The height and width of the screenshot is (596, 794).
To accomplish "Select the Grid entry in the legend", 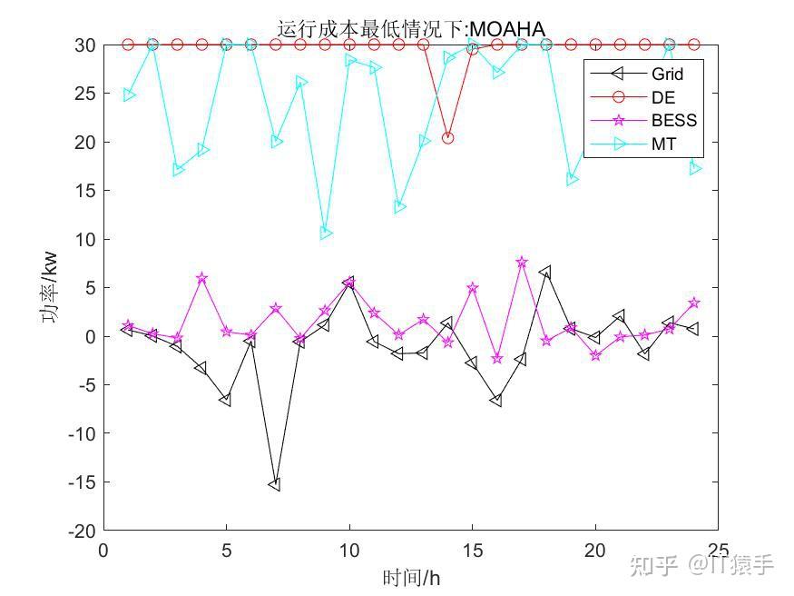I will click(x=666, y=74).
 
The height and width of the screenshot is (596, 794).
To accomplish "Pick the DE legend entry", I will click(x=663, y=97).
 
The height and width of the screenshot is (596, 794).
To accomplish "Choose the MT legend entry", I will click(x=663, y=144).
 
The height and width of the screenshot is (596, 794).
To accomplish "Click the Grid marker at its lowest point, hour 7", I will click(x=275, y=485).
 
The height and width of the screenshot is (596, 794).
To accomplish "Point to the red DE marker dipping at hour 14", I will click(x=447, y=138).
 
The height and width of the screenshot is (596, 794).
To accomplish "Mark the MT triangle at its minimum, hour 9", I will click(x=326, y=233).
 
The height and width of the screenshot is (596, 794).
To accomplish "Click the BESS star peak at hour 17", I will click(x=522, y=262).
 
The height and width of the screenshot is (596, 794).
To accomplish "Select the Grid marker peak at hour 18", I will click(x=545, y=272).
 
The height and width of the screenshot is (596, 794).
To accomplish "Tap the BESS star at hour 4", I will click(x=202, y=278).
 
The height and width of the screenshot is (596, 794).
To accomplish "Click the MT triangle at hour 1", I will click(x=129, y=94).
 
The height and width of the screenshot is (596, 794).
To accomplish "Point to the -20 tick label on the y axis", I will click(x=83, y=531).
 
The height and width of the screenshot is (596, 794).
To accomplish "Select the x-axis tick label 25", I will click(x=717, y=551).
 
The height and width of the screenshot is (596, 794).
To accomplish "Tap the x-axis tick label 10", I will click(x=349, y=551).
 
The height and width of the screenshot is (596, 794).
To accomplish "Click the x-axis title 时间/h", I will click(x=411, y=577).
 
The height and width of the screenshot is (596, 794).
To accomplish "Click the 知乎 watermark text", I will click(x=652, y=566).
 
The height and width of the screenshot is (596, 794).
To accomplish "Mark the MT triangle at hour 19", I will click(x=572, y=180).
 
